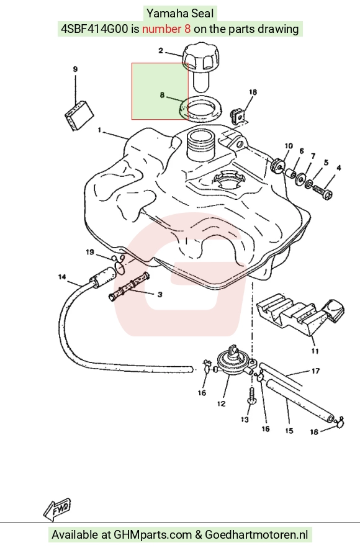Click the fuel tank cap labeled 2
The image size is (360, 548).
(201, 65)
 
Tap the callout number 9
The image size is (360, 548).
(75, 70)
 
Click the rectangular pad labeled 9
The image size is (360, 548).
(79, 115)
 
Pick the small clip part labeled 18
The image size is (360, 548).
(238, 115)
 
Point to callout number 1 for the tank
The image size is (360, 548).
(99, 130)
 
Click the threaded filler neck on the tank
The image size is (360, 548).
(199, 145)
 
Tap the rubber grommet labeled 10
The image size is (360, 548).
(278, 166)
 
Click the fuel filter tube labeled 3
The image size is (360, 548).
(128, 287)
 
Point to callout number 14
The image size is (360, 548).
(62, 277)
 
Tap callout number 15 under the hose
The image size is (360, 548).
(289, 431)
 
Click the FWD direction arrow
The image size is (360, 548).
(57, 508)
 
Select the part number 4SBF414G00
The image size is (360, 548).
(94, 29)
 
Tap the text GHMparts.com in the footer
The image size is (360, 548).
(153, 535)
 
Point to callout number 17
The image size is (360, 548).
(315, 371)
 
